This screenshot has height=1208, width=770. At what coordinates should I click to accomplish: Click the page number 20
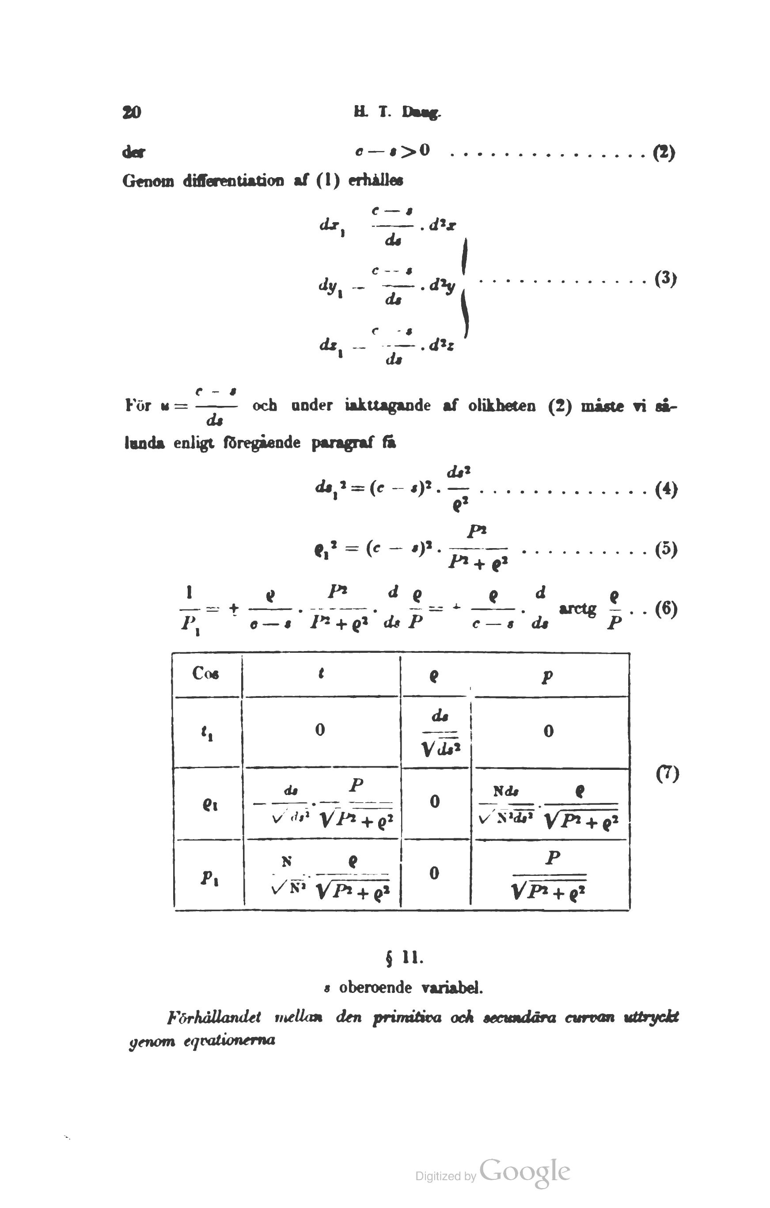click(132, 112)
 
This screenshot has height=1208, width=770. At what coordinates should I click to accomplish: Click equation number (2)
click(664, 151)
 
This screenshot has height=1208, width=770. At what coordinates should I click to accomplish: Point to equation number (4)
click(666, 489)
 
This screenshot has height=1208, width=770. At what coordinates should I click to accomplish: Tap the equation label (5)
click(666, 549)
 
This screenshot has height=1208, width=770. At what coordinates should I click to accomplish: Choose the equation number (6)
click(666, 609)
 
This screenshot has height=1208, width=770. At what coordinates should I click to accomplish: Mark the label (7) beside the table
click(667, 774)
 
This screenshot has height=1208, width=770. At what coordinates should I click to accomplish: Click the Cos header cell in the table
click(206, 673)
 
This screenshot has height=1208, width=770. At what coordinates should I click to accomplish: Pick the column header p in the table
click(548, 676)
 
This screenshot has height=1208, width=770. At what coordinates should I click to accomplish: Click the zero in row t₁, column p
click(549, 731)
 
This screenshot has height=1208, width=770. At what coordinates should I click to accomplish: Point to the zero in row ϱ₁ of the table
click(434, 801)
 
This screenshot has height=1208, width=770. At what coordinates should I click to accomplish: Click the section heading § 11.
click(404, 958)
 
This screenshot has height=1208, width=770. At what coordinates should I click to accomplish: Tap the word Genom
click(148, 181)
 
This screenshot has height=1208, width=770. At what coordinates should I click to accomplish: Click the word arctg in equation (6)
click(577, 609)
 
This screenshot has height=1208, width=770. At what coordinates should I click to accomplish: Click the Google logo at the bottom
click(524, 1172)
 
